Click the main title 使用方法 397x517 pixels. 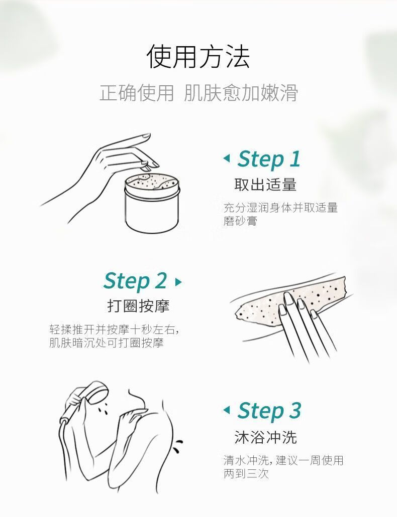pos(198,56)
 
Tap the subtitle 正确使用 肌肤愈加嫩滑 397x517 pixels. pos(198,93)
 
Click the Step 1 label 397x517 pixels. pos(268,159)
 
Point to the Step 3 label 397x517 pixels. pos(269,410)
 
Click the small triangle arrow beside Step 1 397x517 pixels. pos(227,158)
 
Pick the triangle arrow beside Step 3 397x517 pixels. pos(227,410)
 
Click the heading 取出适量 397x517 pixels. pos(265,185)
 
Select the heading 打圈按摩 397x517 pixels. pos(138,306)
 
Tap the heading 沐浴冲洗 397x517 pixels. pos(265,437)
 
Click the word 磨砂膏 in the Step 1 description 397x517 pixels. pos(240,221)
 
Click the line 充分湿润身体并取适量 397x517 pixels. pos(280,208)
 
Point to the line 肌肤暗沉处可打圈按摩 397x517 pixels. pos(106,343)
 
